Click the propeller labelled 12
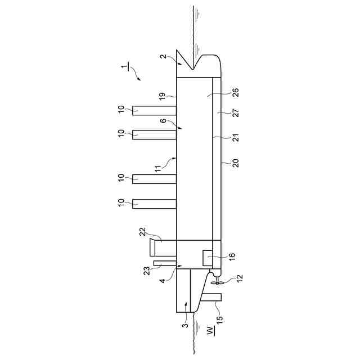[217, 281]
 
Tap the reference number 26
[236, 93]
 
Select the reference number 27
[236, 112]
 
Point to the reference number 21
[236, 137]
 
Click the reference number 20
[236, 163]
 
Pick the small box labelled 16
[208, 258]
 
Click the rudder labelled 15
[211, 298]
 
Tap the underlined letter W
[210, 331]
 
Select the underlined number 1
[125, 66]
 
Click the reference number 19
[162, 96]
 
